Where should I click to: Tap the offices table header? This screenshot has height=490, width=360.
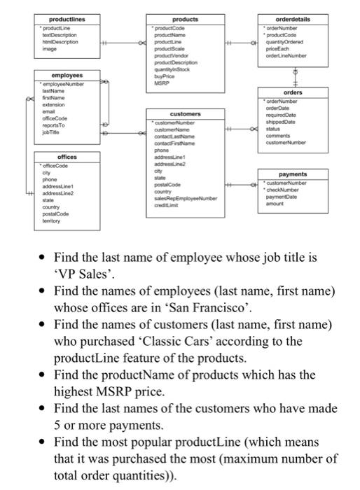click(x=67, y=157)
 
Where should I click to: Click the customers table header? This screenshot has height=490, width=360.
click(x=185, y=113)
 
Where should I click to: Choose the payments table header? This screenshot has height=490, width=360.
click(x=311, y=174)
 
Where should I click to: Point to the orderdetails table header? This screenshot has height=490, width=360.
click(x=311, y=19)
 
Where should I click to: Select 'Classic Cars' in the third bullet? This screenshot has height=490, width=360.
click(x=185, y=342)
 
